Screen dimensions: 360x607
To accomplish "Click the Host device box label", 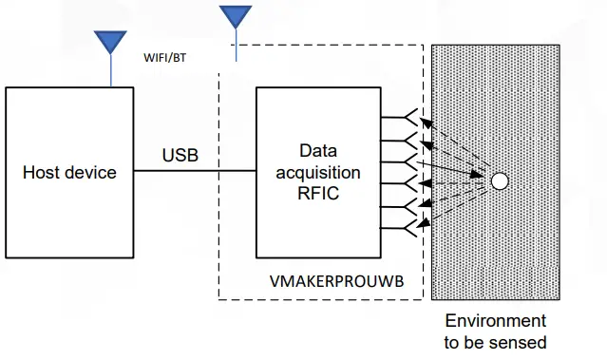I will (x=69, y=172).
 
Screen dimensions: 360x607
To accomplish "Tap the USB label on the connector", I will (x=180, y=155).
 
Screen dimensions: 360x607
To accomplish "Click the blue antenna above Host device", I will (x=110, y=43).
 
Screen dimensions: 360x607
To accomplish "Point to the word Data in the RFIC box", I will (x=318, y=150).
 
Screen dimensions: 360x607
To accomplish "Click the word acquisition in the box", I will (x=318, y=172).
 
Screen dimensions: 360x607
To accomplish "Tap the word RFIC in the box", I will (x=318, y=193).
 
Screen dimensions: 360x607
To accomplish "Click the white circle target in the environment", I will (x=500, y=180).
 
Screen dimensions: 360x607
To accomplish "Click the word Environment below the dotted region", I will (x=495, y=321).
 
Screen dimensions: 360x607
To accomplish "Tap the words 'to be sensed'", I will (x=495, y=341).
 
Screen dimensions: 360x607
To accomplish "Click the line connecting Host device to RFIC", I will (x=195, y=172).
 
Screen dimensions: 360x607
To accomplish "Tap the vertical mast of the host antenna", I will (x=110, y=70).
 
